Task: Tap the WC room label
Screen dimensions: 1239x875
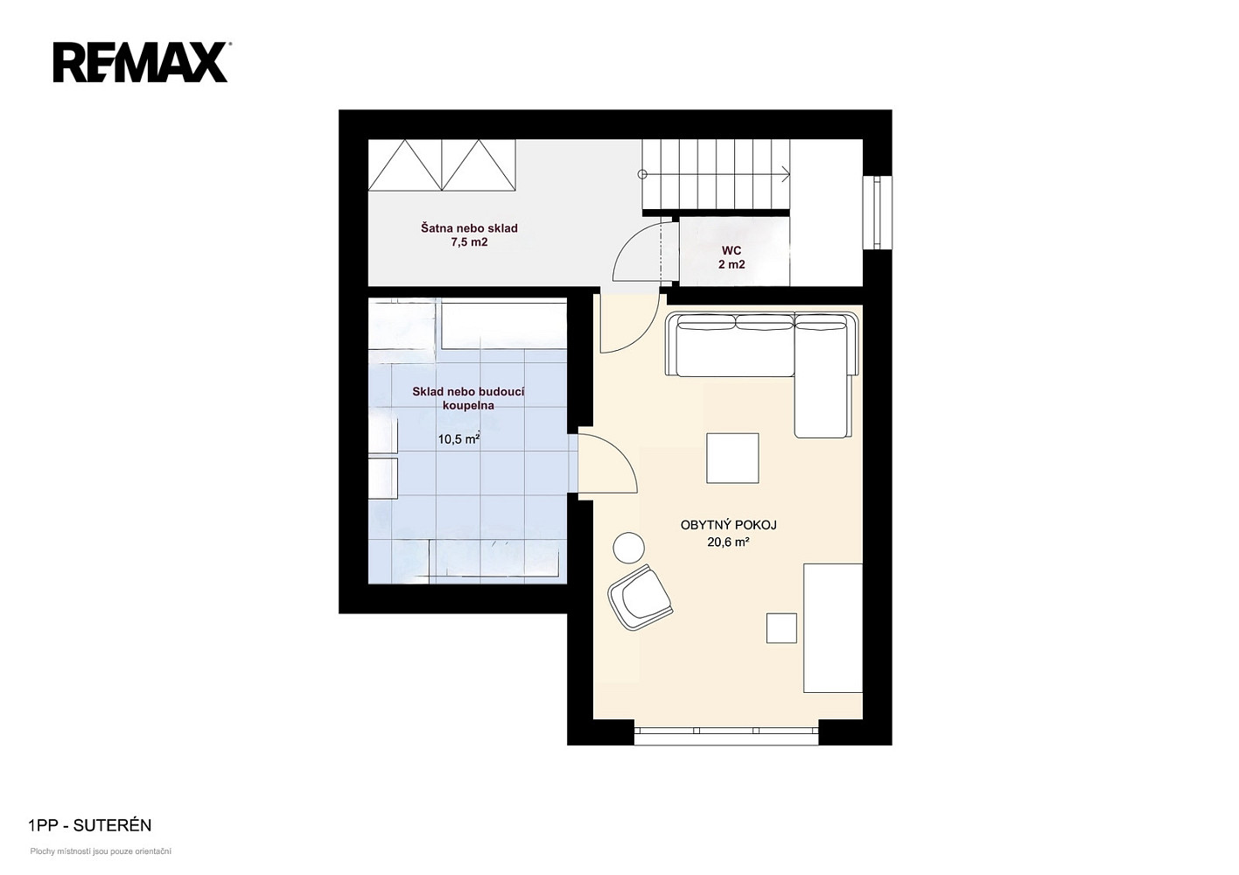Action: tap(731, 250)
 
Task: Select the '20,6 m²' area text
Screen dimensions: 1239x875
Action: tap(728, 542)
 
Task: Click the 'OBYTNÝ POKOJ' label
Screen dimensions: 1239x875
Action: tap(729, 525)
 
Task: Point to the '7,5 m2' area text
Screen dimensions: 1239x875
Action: tap(469, 242)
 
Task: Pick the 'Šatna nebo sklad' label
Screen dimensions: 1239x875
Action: tap(469, 227)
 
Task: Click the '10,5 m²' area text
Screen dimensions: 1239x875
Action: tap(458, 439)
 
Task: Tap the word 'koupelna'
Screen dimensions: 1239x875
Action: tap(468, 405)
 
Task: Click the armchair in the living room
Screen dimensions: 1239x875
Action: tap(640, 598)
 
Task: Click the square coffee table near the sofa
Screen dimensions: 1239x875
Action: tap(732, 458)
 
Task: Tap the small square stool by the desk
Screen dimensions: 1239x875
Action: tap(781, 627)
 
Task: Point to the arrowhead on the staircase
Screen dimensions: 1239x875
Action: tap(787, 175)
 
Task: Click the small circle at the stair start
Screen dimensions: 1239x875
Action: tap(642, 174)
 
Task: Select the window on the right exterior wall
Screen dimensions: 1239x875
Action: tap(878, 213)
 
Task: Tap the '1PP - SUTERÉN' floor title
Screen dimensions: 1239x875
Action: tap(89, 826)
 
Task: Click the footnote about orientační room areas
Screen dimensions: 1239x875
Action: tap(101, 851)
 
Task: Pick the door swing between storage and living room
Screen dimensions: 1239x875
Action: tap(607, 462)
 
